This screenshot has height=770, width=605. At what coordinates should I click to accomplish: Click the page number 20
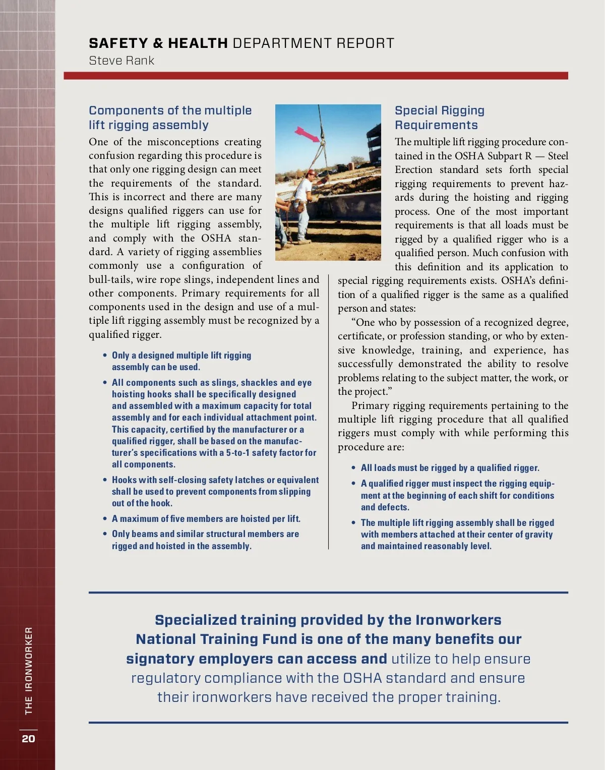(x=28, y=738)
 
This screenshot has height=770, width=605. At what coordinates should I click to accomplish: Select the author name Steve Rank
(x=122, y=61)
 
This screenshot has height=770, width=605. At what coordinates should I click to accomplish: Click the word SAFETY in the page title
(x=118, y=43)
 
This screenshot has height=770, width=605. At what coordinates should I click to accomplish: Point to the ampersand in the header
(x=158, y=43)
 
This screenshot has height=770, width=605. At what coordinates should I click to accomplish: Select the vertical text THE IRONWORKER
(x=29, y=670)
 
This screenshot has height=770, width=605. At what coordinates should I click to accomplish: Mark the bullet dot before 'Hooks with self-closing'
(x=105, y=480)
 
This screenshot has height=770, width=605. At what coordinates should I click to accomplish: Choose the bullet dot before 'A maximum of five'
(x=105, y=519)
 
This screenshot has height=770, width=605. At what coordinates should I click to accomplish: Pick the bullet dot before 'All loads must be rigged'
(x=354, y=468)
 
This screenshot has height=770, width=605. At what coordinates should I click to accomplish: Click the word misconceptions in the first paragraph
(x=183, y=142)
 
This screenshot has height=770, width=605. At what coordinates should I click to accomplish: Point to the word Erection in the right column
(x=413, y=169)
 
